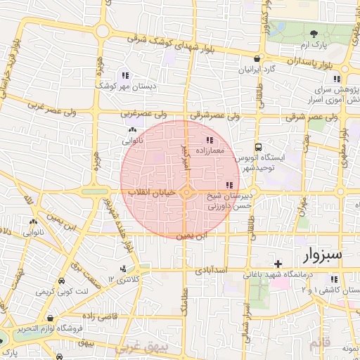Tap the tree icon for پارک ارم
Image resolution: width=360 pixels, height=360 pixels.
313,34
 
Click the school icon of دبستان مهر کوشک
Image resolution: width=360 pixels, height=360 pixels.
125,75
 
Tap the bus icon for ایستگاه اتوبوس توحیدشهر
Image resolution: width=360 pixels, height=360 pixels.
258,148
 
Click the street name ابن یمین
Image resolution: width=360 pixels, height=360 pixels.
191,236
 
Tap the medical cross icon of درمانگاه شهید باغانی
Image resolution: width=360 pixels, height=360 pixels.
278,263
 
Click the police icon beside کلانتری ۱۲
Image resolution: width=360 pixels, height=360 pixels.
124,268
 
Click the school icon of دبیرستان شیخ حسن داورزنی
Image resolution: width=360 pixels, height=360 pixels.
231,185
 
